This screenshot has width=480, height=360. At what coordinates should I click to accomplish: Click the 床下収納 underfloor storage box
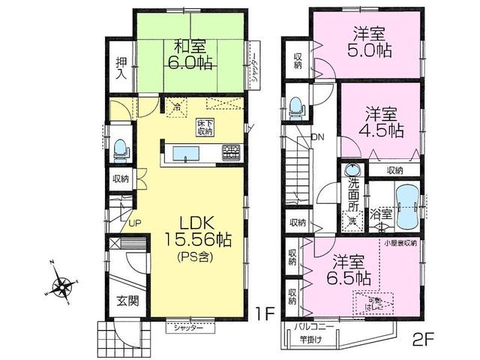pyautogui.click(x=205, y=127)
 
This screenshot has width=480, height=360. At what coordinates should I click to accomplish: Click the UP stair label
pyautogui.click(x=134, y=223)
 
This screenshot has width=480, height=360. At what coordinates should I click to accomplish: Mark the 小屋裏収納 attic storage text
pyautogui.click(x=401, y=244)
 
